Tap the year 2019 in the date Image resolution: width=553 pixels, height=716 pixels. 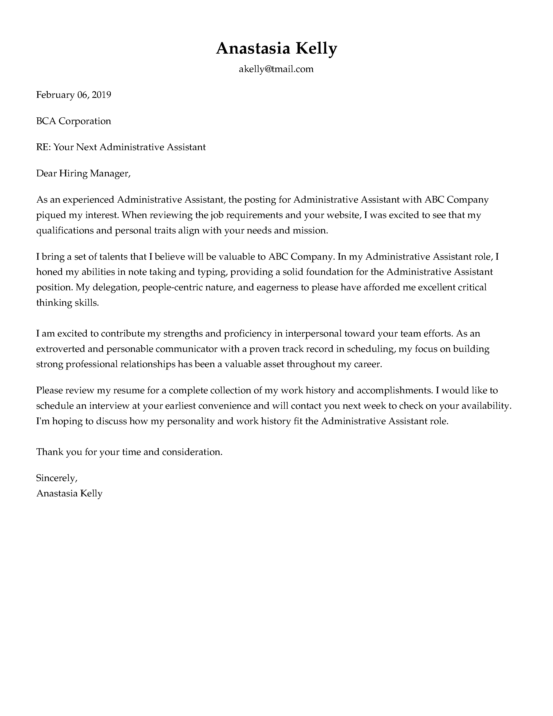[101, 95]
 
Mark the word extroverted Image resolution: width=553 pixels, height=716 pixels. [60, 349]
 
